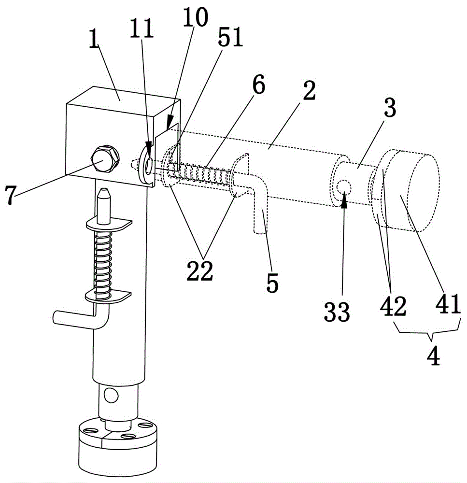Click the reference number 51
(230, 37)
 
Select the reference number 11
(142, 28)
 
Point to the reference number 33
(337, 312)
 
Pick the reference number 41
(448, 303)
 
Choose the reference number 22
(199, 271)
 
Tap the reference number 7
(10, 195)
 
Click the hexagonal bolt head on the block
(104, 158)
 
